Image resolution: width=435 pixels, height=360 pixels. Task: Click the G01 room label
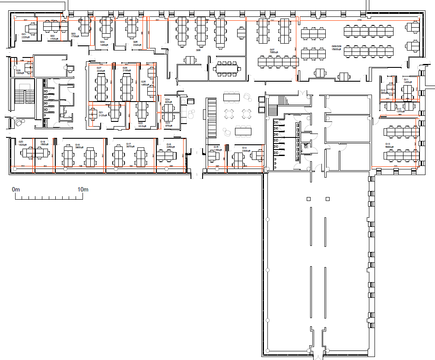click(x=24, y=34)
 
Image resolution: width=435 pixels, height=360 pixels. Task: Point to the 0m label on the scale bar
click(x=16, y=190)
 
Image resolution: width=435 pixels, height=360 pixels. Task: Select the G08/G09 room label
click(x=337, y=46)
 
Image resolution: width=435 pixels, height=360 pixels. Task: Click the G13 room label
click(x=388, y=144)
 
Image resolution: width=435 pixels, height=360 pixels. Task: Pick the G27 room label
click(x=99, y=68)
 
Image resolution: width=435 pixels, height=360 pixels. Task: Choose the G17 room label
click(x=129, y=144)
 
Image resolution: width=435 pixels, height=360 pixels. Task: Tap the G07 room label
click(x=273, y=50)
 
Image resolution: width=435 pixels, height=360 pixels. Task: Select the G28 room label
click(x=19, y=70)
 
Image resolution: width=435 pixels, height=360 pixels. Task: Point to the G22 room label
click(x=140, y=123)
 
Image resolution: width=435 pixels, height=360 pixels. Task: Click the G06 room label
click(x=198, y=50)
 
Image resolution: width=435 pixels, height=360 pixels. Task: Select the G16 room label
click(x=169, y=144)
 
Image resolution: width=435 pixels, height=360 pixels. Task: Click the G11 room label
click(x=406, y=80)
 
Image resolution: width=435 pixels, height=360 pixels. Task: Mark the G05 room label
click(x=136, y=42)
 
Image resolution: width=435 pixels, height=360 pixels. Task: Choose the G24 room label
click(x=167, y=99)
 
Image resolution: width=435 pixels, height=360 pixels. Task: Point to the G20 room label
click(x=20, y=141)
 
